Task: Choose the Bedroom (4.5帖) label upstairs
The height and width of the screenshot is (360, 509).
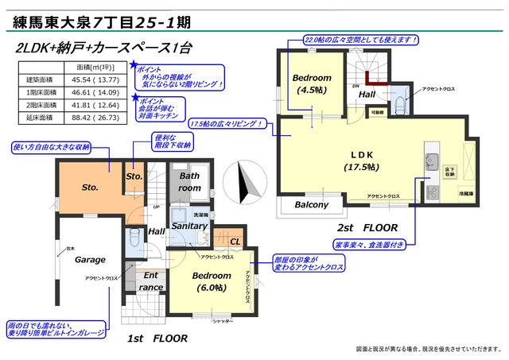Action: tap(311, 83)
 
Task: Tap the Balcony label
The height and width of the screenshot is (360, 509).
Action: tap(311, 204)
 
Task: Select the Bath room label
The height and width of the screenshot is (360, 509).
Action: tap(190, 182)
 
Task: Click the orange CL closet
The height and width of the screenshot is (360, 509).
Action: tap(235, 241)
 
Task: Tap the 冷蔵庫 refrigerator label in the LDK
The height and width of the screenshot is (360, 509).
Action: tap(465, 194)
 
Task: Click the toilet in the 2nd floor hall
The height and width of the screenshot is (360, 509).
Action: tap(398, 99)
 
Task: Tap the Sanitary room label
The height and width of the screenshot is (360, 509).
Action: tap(189, 226)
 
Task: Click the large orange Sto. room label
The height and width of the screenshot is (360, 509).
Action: tap(90, 188)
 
